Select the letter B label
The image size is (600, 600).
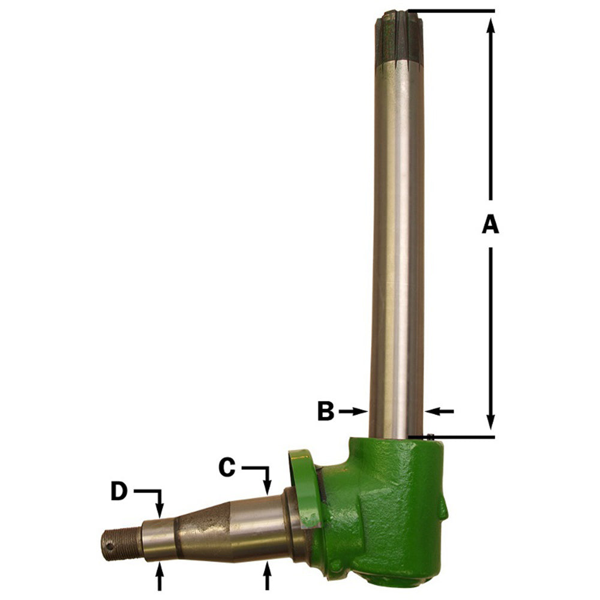click(x=325, y=412)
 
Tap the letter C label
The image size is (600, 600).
click(x=226, y=467)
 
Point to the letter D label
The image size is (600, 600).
click(x=119, y=492)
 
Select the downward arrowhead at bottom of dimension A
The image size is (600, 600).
click(x=491, y=424)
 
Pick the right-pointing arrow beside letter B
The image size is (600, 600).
click(x=354, y=411)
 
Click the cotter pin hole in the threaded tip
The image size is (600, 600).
click(x=110, y=546)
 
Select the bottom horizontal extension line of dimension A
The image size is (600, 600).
click(x=456, y=437)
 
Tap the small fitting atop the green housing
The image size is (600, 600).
click(x=431, y=436)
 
